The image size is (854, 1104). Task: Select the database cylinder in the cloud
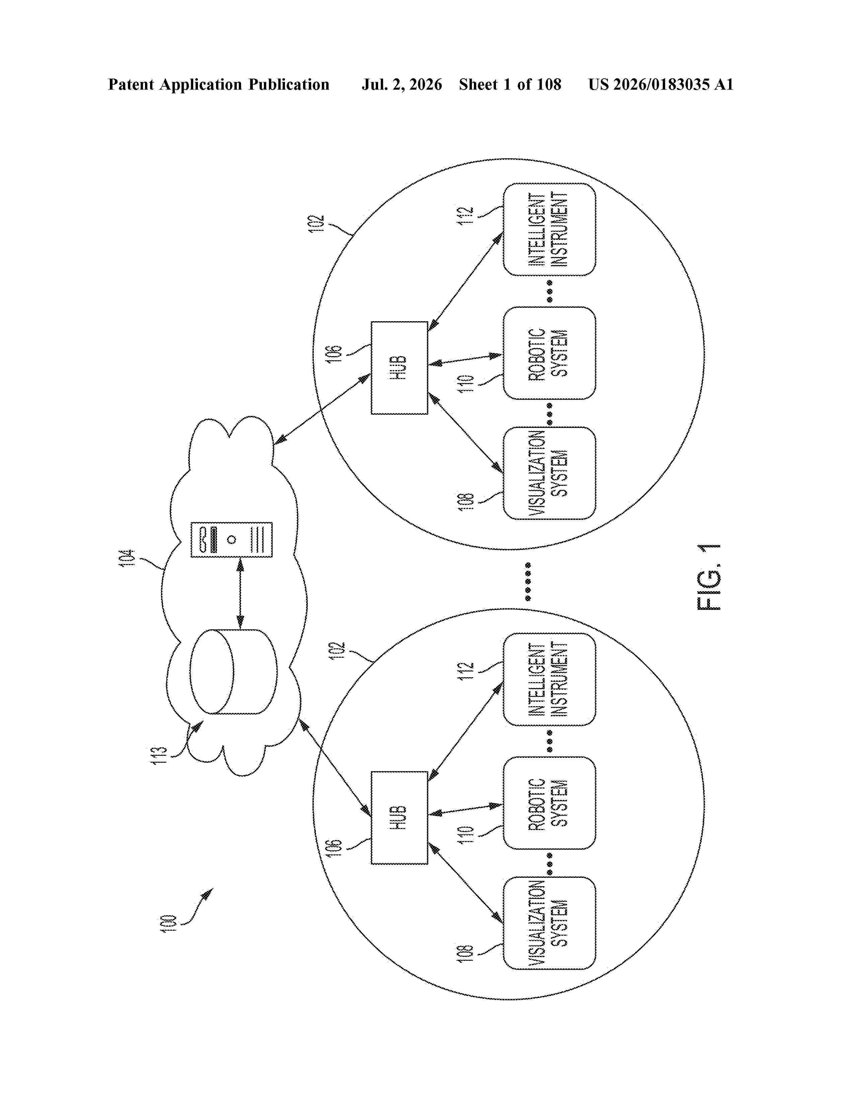[x=233, y=671]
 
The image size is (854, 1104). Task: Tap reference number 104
[x=127, y=558]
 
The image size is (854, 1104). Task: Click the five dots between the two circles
[x=528, y=581]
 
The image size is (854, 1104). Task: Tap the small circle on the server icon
[x=232, y=539]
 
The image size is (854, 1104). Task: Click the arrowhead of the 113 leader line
[x=197, y=726]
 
